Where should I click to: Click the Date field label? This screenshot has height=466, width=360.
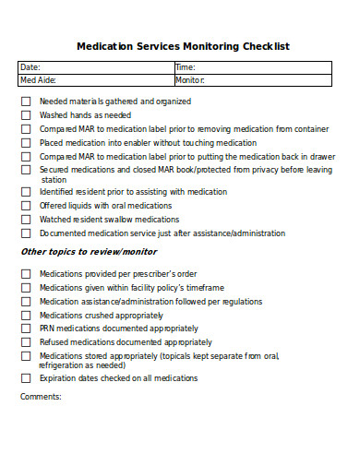[30, 67]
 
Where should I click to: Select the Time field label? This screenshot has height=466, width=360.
[185, 67]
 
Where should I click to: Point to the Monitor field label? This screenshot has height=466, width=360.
[190, 80]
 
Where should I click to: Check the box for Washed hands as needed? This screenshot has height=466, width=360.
[26, 115]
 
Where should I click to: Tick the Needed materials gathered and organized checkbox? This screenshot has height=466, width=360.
[26, 102]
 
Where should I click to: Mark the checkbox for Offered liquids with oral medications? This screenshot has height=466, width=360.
[26, 206]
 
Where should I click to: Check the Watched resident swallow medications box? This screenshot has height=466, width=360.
[26, 220]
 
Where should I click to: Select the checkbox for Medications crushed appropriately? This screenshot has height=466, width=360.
[26, 315]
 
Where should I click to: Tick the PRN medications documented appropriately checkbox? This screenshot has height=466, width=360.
[26, 329]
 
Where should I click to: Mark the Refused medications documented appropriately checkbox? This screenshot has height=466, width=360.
[26, 342]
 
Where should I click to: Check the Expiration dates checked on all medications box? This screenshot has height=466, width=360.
[26, 378]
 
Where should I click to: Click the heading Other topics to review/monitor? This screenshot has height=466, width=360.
[89, 252]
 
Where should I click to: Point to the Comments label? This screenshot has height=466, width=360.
[41, 397]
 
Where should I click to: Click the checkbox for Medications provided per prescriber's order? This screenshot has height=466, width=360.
[26, 274]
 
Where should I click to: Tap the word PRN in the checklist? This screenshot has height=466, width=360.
[48, 329]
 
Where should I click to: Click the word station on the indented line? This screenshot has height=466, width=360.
[54, 180]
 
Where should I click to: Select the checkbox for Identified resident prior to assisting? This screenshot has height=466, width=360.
[26, 192]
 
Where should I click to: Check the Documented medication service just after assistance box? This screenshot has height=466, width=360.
[26, 233]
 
